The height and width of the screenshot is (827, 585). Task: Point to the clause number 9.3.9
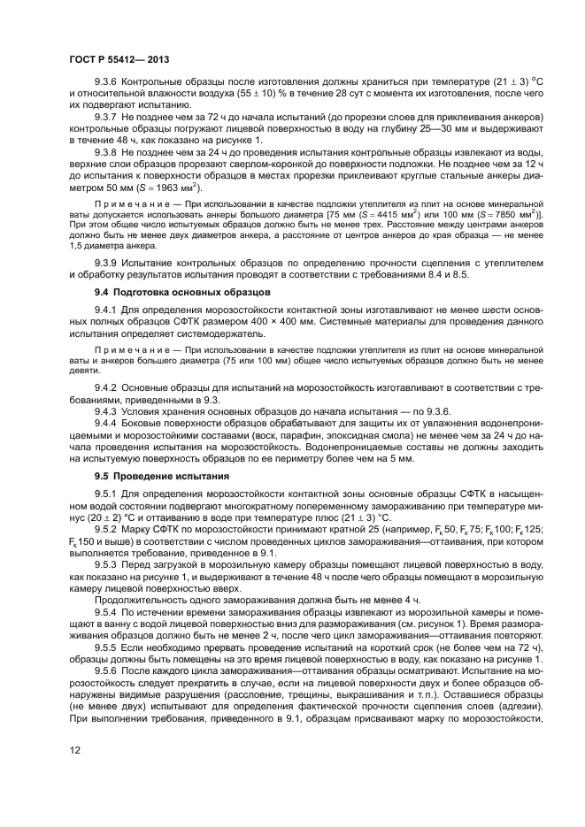coord(108,264)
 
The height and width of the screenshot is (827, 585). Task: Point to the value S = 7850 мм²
coord(504,214)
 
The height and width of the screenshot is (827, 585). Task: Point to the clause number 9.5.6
coord(108,670)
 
